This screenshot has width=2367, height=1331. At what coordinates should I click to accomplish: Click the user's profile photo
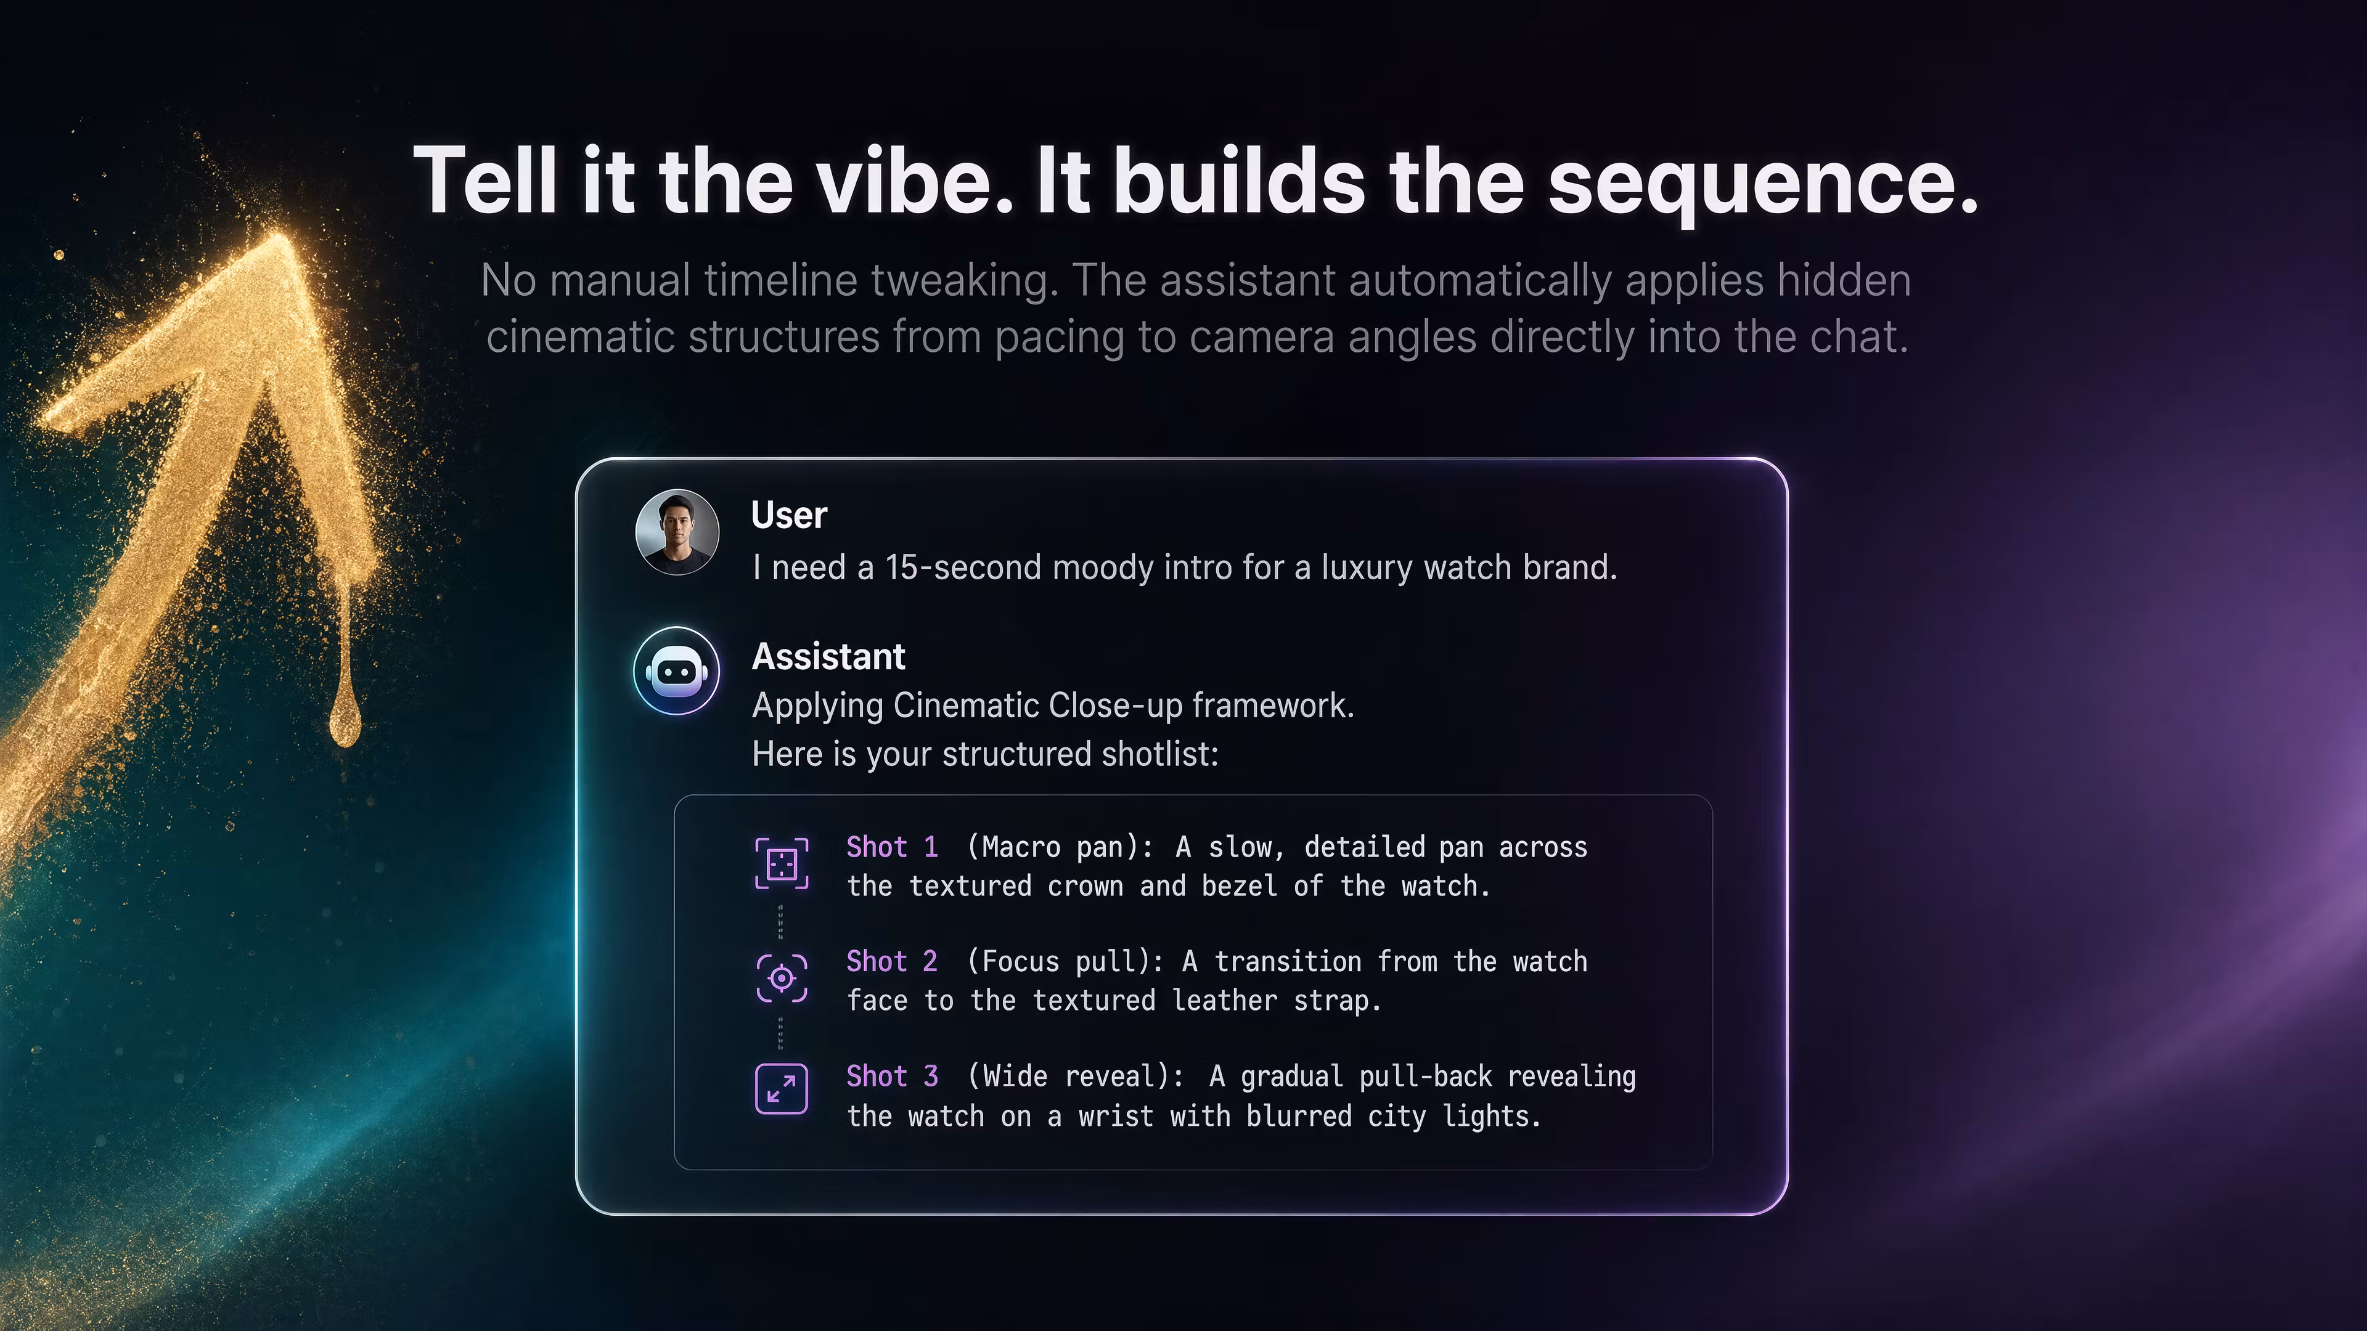pyautogui.click(x=677, y=532)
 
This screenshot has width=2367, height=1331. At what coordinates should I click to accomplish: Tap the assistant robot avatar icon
pyautogui.click(x=676, y=670)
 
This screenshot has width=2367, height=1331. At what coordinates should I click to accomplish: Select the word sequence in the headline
pyautogui.click(x=1762, y=184)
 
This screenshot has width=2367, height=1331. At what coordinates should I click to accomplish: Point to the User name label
pyautogui.click(x=789, y=515)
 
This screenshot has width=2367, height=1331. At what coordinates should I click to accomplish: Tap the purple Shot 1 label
pyautogui.click(x=892, y=846)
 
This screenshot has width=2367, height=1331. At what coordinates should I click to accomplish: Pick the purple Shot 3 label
pyautogui.click(x=892, y=1076)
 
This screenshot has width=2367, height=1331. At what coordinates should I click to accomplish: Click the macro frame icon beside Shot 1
pyautogui.click(x=781, y=863)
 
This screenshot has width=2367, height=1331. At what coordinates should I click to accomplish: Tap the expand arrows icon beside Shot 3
pyautogui.click(x=781, y=1088)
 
